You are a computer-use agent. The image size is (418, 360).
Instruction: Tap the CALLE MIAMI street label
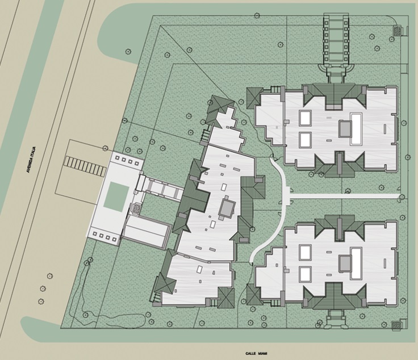256,353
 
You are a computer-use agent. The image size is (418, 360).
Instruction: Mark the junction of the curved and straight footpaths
287,196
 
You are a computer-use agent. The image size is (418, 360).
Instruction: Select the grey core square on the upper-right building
345,129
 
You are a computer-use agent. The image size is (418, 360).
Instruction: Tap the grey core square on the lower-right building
345,263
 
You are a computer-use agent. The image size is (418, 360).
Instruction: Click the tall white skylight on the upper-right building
357,129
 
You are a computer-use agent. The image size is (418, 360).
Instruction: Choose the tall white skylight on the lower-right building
357,264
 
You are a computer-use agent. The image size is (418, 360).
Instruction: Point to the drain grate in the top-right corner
398,30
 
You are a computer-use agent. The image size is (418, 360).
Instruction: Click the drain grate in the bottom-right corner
396,325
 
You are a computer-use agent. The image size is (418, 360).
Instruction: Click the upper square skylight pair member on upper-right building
305,118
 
